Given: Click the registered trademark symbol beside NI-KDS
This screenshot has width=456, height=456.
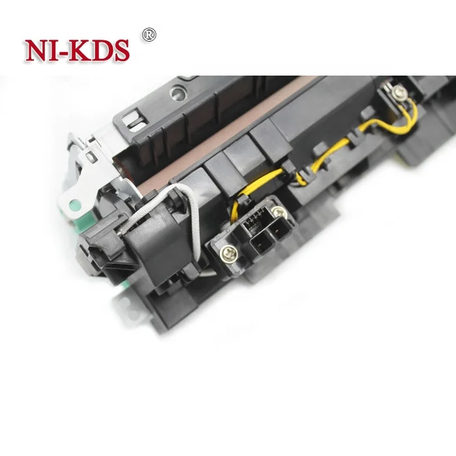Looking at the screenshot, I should pos(150,32).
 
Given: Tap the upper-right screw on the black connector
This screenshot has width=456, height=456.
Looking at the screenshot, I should pos(280,212).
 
